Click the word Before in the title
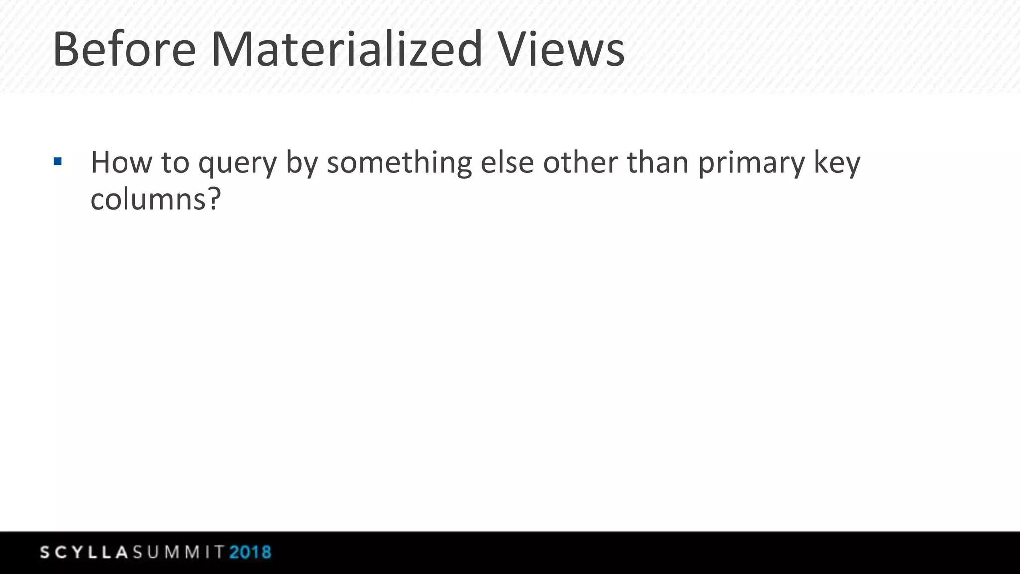point(124,50)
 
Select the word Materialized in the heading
point(347,50)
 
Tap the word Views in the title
point(561,50)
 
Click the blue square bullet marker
point(58,161)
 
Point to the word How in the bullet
point(121,163)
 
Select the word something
point(399,163)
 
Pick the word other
point(580,163)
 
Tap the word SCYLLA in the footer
point(85,552)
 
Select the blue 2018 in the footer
point(251,552)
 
